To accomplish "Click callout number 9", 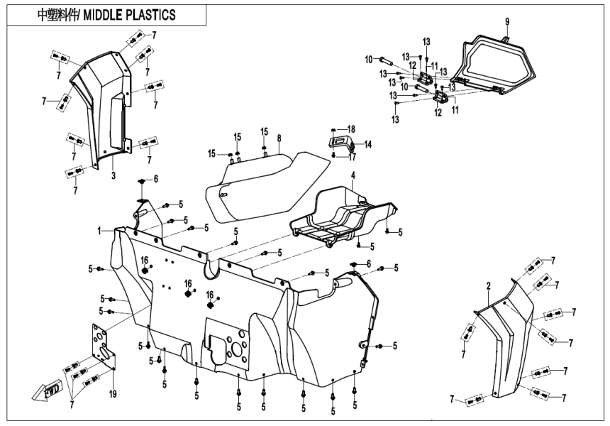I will (507, 22).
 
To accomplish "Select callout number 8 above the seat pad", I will (279, 138).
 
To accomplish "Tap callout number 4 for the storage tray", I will (352, 175).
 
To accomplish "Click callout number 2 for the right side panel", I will (488, 285).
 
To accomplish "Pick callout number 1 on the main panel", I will (101, 231).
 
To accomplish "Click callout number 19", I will (113, 393).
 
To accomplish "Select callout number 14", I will (367, 143).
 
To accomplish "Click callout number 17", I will (352, 158).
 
